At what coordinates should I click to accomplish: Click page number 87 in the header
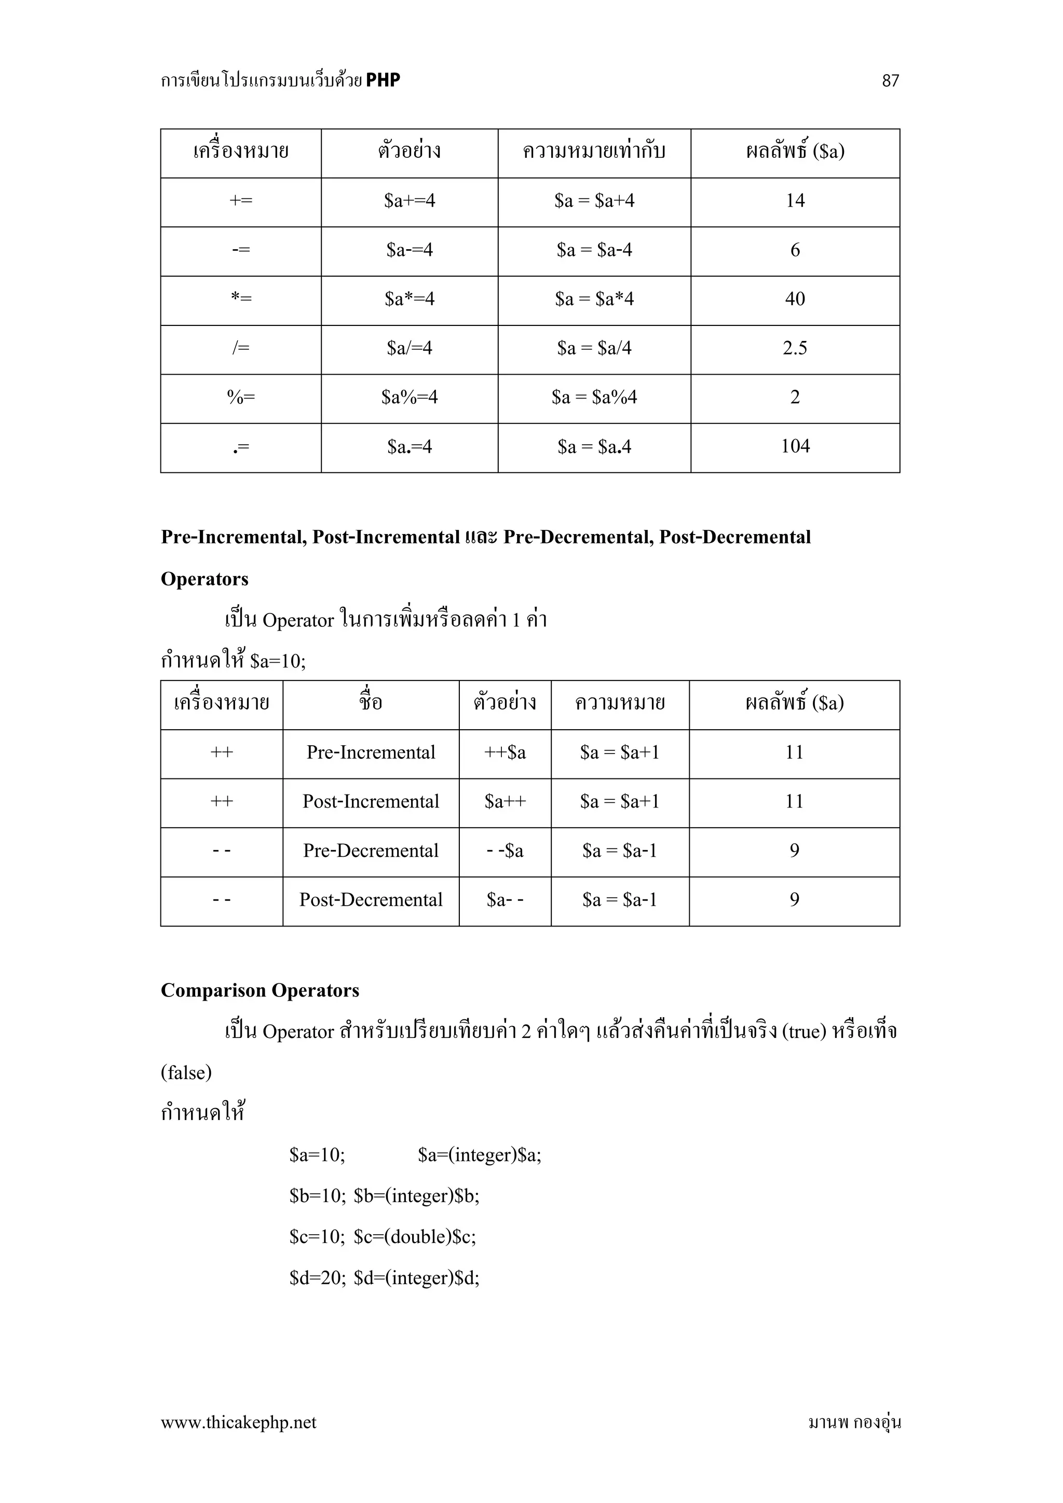click(x=890, y=80)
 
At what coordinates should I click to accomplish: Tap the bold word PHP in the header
click(x=383, y=80)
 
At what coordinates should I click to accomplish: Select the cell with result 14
click(x=795, y=201)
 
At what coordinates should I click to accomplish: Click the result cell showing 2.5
click(x=795, y=348)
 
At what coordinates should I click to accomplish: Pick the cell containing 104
click(x=795, y=446)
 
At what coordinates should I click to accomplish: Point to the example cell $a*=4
click(x=409, y=299)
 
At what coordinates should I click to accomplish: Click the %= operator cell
click(x=241, y=398)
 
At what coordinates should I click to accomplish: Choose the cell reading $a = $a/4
click(x=594, y=348)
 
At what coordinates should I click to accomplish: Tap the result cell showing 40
click(x=795, y=299)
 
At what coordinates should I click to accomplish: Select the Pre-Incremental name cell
click(x=371, y=753)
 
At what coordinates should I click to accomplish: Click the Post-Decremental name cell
click(x=371, y=900)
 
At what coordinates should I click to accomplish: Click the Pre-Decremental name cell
click(x=371, y=851)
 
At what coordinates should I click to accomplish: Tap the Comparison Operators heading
click(x=260, y=990)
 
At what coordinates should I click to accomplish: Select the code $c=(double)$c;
click(x=415, y=1237)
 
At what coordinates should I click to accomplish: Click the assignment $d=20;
click(x=318, y=1278)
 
